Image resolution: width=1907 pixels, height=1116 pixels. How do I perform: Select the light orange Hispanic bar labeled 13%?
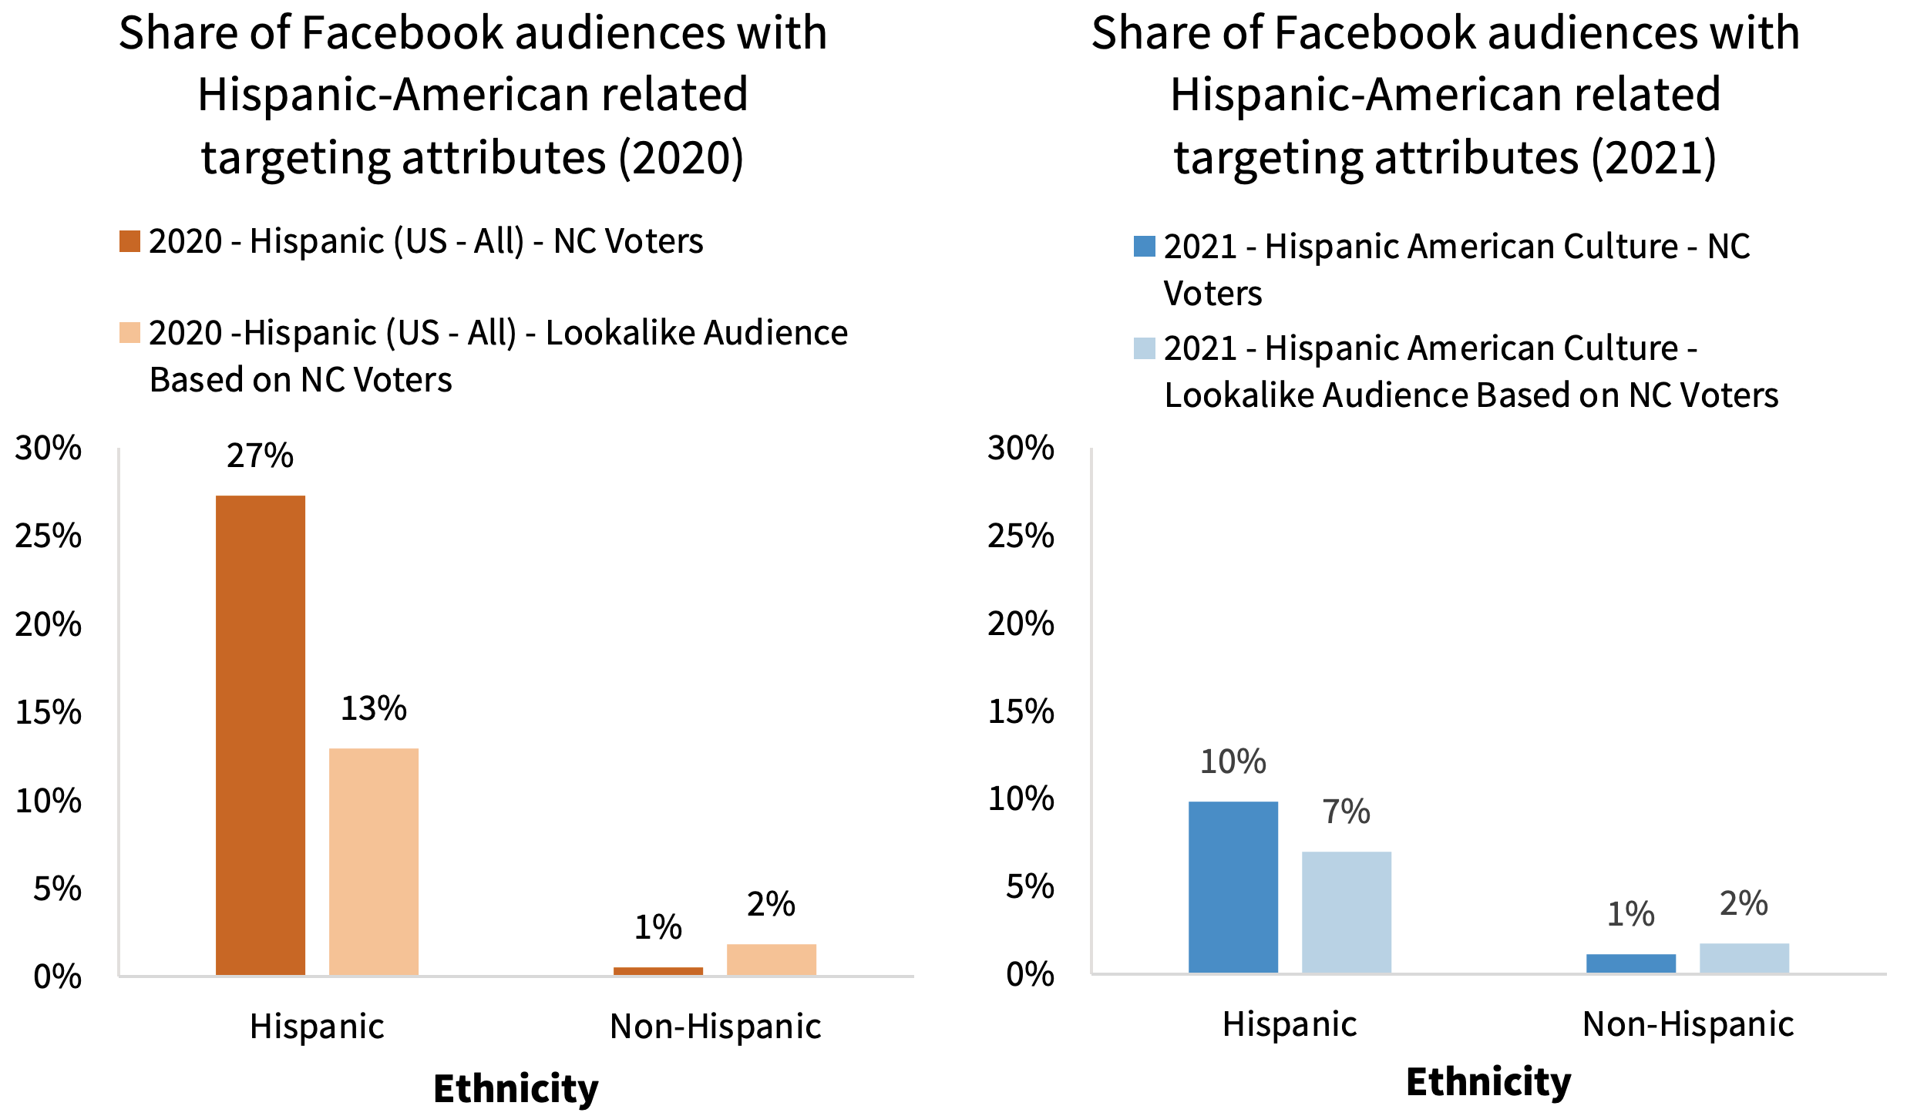tap(374, 861)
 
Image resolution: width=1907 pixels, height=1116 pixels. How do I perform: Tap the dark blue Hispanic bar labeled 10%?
tap(1233, 886)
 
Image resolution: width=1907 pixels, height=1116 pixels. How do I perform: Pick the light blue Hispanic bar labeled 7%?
tap(1347, 912)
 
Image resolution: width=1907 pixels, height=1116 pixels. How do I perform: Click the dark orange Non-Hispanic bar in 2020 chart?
tap(658, 971)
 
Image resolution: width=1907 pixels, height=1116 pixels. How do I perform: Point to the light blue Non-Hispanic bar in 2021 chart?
tap(1744, 958)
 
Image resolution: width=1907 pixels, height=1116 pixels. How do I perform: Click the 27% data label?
tap(260, 455)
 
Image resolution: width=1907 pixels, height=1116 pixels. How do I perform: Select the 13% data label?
tap(374, 708)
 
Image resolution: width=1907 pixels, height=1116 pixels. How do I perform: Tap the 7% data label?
tap(1347, 812)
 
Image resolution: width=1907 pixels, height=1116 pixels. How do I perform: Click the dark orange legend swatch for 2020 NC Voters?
tap(129, 241)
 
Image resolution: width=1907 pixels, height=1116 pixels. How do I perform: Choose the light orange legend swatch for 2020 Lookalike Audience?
tap(129, 333)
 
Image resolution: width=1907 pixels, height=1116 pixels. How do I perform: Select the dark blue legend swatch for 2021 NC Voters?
tap(1145, 247)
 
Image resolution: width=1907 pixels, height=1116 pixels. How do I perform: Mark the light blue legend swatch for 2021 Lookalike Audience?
tap(1145, 348)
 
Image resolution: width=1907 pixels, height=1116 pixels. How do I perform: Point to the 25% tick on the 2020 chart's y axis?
tap(48, 536)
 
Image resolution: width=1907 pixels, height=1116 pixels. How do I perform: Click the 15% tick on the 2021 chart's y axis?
tap(1021, 711)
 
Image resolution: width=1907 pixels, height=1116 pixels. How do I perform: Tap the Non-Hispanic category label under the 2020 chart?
tap(715, 1027)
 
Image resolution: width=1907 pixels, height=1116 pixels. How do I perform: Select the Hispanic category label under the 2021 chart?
tap(1290, 1024)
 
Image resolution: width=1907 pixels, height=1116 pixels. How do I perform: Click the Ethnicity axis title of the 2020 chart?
tap(516, 1088)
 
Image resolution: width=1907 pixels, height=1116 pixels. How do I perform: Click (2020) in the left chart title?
tap(681, 157)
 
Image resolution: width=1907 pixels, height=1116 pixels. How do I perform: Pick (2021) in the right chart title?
tap(1654, 157)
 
